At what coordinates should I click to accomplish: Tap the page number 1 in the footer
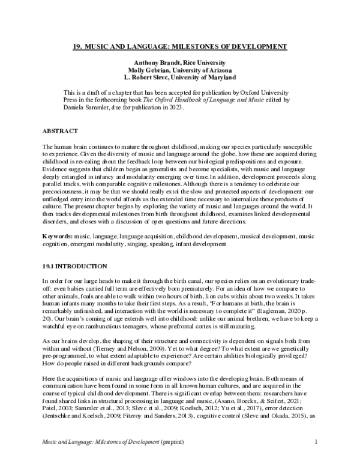[316, 442]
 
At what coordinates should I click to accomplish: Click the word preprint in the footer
[175, 442]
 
